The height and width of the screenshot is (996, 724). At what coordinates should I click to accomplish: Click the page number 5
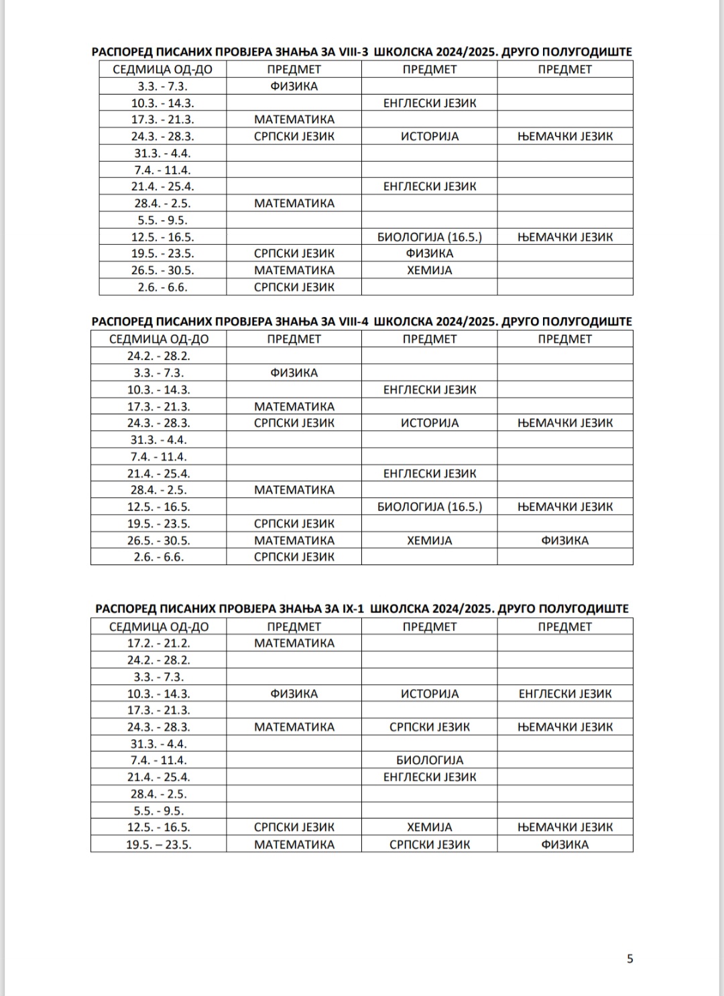[629, 958]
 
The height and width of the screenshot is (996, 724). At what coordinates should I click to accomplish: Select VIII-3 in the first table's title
[355, 52]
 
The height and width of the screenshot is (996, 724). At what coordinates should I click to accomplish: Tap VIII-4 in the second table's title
[355, 321]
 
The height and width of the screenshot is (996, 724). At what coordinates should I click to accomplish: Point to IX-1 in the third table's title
[353, 609]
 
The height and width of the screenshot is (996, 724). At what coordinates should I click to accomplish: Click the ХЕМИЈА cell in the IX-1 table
[429, 827]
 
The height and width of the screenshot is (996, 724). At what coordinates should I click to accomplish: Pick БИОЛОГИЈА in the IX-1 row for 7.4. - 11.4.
[429, 760]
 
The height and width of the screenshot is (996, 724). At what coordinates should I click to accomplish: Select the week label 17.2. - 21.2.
[159, 643]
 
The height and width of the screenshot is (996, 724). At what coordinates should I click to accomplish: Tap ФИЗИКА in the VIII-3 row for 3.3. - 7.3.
[294, 86]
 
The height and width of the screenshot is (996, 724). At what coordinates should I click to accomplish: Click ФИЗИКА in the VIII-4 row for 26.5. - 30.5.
[564, 540]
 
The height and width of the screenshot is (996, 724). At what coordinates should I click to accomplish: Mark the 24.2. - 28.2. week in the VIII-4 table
[159, 356]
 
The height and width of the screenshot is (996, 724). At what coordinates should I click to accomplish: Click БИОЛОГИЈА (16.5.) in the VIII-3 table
[429, 237]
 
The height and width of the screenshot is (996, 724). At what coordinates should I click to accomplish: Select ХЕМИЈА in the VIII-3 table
[429, 270]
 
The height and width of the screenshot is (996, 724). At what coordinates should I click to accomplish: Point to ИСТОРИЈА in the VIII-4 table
[429, 423]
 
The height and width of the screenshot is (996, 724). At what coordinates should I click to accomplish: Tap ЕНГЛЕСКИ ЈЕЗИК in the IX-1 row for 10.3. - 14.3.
[564, 694]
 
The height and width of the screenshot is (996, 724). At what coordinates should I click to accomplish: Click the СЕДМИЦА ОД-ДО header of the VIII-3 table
[162, 69]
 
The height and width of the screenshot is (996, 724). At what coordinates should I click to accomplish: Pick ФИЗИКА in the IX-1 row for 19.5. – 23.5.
[564, 845]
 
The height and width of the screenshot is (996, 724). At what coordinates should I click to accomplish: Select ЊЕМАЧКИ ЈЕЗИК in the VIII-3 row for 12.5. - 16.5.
[564, 237]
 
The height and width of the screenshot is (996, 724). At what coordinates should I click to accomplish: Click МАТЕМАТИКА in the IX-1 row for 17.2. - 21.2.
[294, 643]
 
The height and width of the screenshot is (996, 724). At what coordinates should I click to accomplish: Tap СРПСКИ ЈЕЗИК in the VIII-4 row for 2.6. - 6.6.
[294, 557]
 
